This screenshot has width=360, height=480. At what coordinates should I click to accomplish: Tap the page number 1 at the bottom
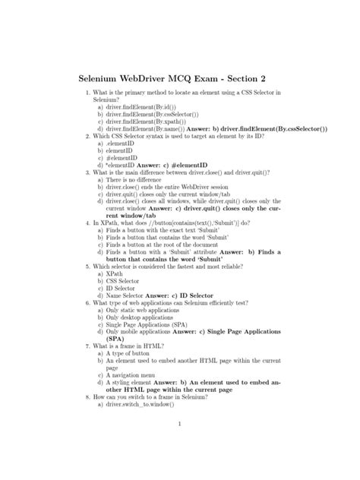point(177,424)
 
